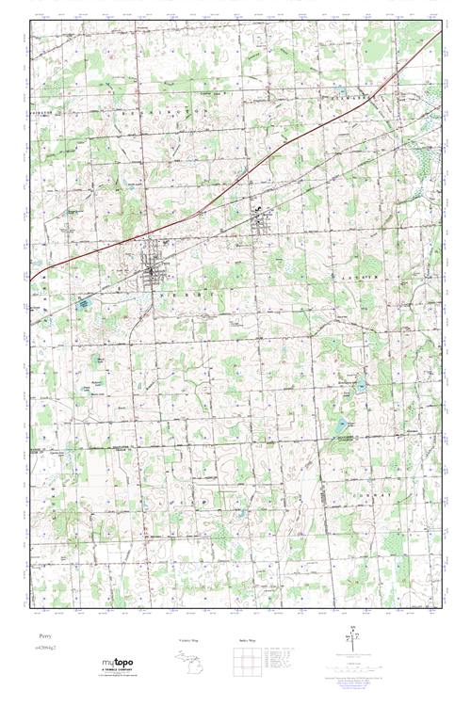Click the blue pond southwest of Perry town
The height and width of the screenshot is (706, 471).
click(x=83, y=303)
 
